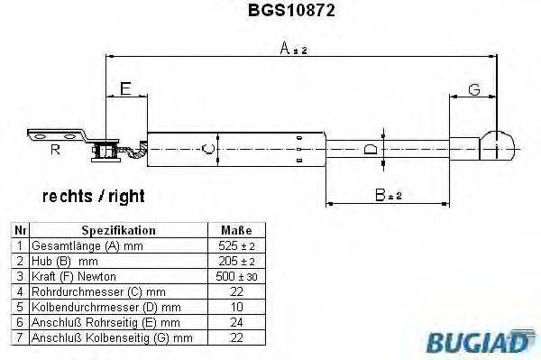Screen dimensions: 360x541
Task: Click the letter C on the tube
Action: click(x=207, y=149)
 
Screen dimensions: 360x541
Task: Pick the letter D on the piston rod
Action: click(x=370, y=149)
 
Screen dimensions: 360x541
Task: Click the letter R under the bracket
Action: click(x=55, y=151)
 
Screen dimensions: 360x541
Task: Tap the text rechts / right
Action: click(x=93, y=196)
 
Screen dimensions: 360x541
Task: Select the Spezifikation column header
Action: click(x=118, y=231)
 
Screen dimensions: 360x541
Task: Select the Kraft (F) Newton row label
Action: click(x=74, y=276)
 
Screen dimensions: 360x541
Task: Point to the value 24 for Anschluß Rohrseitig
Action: click(x=235, y=322)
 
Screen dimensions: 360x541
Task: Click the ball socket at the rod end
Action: click(x=497, y=144)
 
